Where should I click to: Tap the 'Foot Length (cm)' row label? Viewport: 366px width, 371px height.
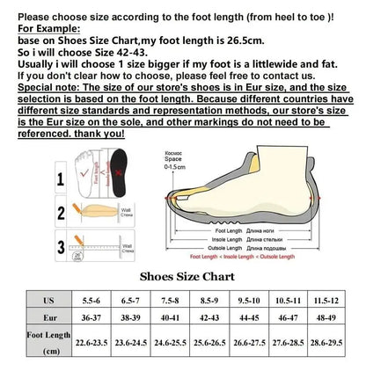coord(48,343)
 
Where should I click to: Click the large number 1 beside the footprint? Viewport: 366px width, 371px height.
coord(61,179)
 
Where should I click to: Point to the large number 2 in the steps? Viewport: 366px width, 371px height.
coord(61,213)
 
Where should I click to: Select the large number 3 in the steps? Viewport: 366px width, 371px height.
coord(61,245)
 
